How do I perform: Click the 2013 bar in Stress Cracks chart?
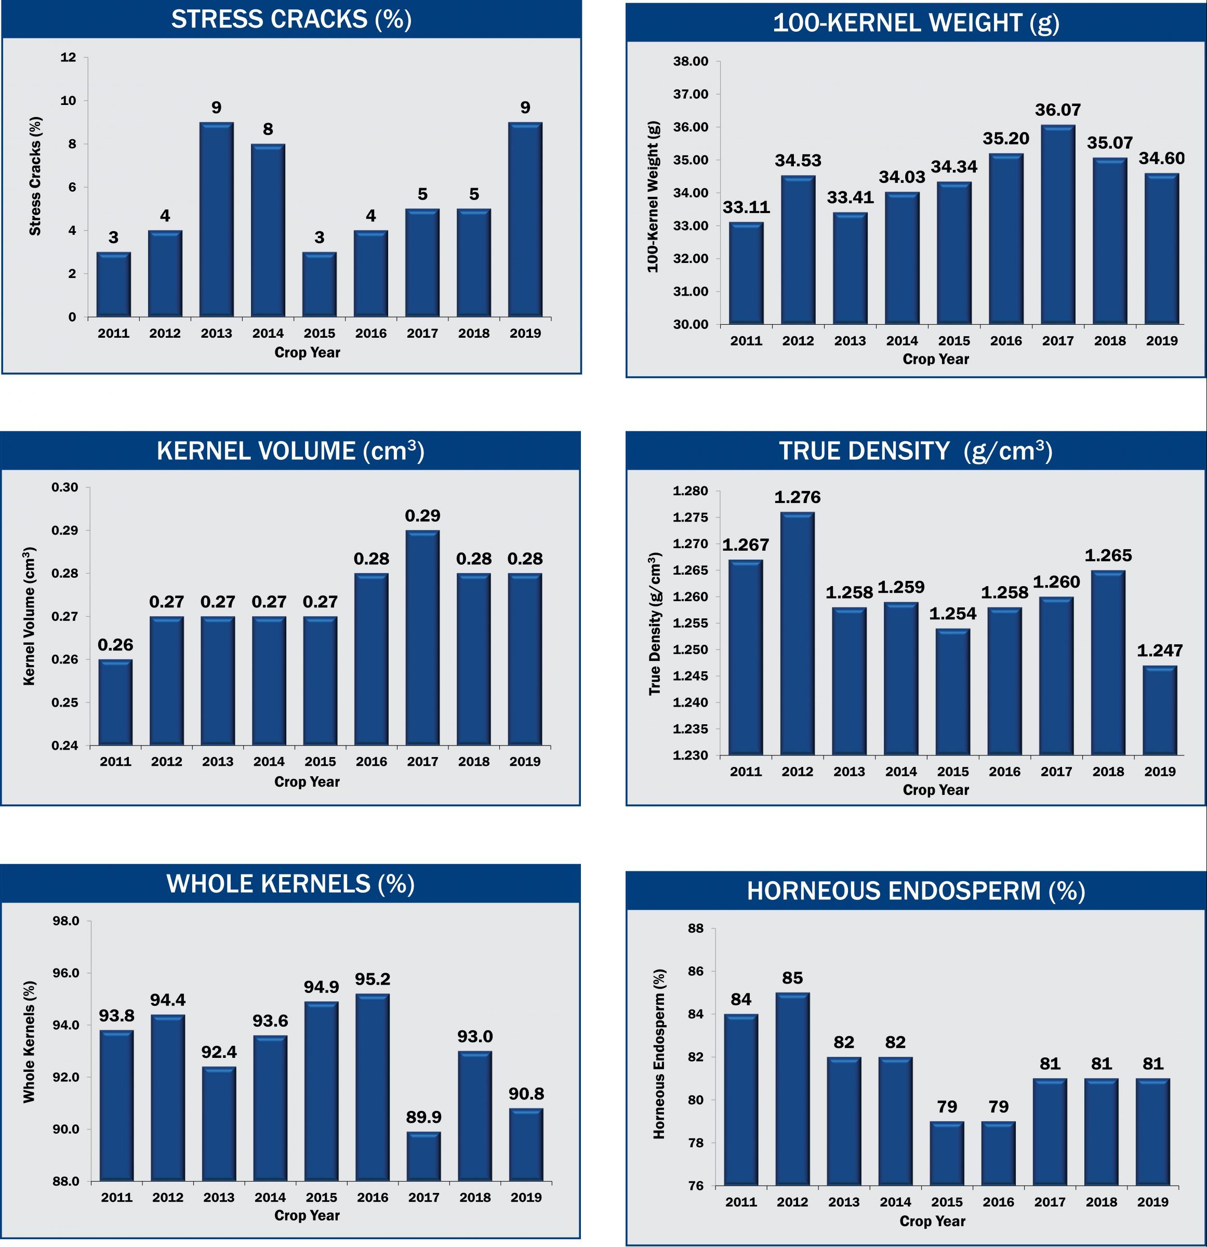(x=216, y=219)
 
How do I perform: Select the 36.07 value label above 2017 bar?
(x=1057, y=110)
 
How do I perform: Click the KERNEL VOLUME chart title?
(x=290, y=451)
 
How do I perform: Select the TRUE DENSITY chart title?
(x=916, y=451)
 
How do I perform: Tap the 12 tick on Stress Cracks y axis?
(x=68, y=58)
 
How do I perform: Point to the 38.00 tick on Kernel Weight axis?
(x=691, y=62)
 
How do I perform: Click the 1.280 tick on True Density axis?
(x=691, y=491)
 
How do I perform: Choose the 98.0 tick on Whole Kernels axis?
(x=66, y=921)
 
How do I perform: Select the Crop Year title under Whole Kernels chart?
(x=307, y=1215)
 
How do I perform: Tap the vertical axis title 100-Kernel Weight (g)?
(x=653, y=196)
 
